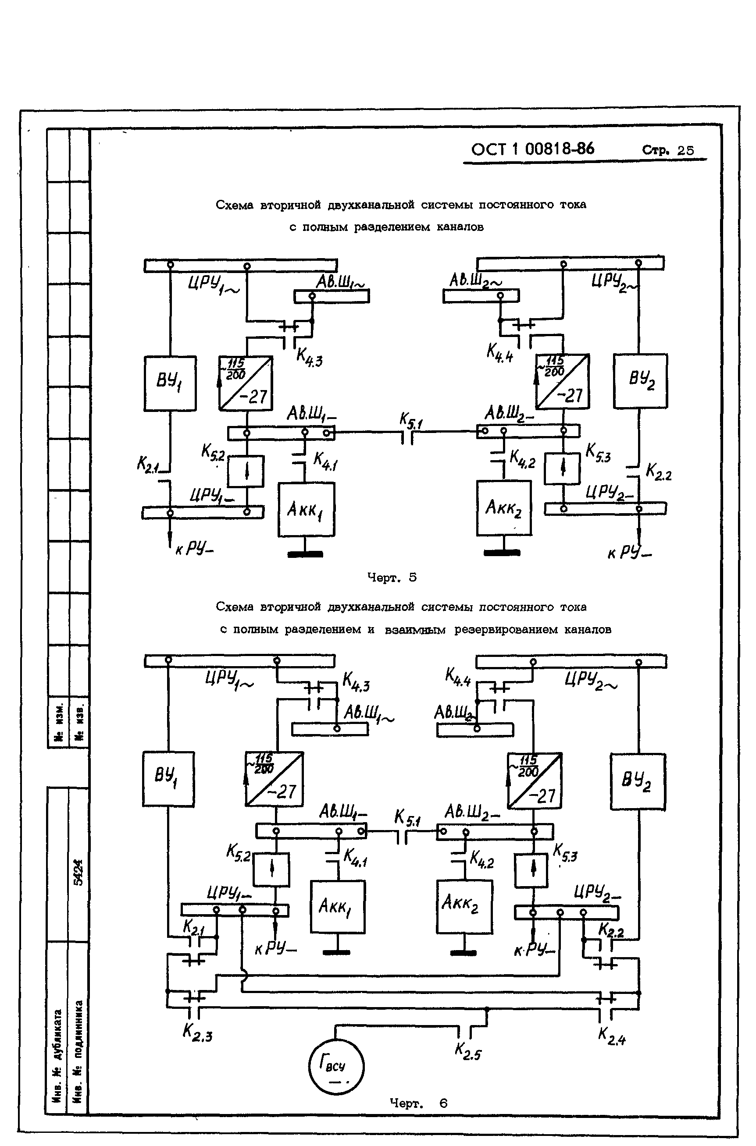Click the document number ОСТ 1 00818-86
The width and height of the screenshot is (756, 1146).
(532, 149)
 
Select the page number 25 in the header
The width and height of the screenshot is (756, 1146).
(685, 150)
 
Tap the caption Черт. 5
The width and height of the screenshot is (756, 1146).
(392, 577)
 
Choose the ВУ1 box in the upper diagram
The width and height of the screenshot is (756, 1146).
(170, 383)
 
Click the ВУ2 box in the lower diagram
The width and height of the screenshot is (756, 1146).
(638, 781)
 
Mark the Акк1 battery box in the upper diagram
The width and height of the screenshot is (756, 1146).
(306, 509)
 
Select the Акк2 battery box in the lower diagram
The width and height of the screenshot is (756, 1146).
(464, 907)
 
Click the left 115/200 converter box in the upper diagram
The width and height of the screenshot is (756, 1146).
(246, 383)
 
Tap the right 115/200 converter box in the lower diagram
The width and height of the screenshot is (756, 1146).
(534, 781)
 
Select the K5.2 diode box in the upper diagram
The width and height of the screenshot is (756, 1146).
(246, 471)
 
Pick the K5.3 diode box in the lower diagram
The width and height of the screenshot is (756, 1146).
(531, 870)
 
